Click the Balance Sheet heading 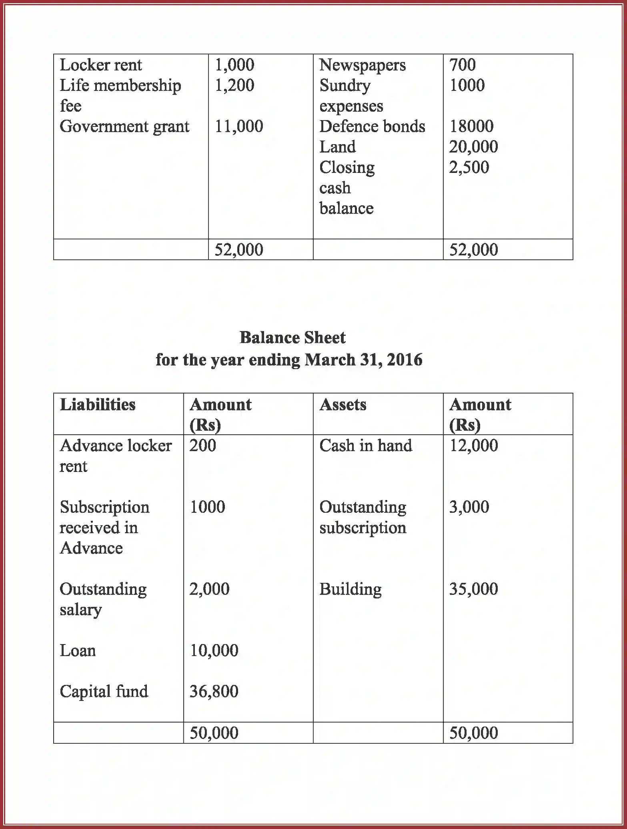point(292,337)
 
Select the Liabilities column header point(98,404)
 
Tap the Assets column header point(343,404)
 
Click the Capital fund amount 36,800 point(214,691)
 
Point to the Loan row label point(78,650)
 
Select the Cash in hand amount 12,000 point(473,446)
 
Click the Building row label point(350,589)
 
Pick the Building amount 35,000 point(473,589)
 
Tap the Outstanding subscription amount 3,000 point(469,507)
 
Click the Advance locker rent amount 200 point(202,446)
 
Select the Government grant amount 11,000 point(239,126)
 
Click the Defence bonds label point(372,126)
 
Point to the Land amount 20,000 point(473,147)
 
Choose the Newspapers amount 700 point(463,65)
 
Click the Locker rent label point(101,65)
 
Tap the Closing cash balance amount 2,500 point(469,167)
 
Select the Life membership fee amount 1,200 point(234,85)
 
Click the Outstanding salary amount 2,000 point(209,589)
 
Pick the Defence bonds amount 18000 point(471,126)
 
